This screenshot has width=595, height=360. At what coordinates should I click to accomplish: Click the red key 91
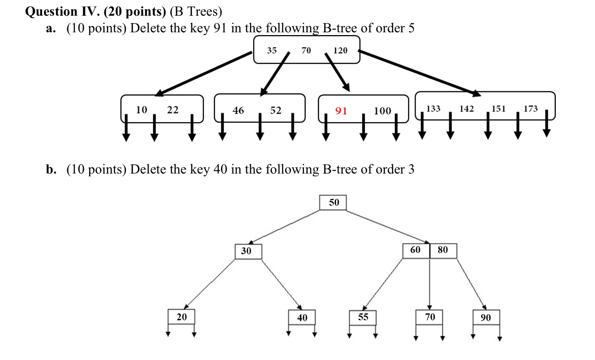(x=341, y=111)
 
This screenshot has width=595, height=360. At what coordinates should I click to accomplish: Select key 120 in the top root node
(x=340, y=50)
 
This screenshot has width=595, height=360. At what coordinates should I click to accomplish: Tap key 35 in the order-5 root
(x=272, y=50)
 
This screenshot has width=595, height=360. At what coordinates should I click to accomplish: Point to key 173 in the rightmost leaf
(x=531, y=109)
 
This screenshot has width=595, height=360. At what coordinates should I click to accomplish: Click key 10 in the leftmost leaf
(x=142, y=110)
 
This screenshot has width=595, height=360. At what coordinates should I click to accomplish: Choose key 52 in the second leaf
(x=276, y=110)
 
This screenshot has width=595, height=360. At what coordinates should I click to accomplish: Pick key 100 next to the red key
(x=382, y=111)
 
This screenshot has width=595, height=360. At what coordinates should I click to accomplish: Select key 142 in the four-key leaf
(x=467, y=109)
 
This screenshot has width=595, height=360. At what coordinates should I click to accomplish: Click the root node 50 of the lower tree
(x=333, y=203)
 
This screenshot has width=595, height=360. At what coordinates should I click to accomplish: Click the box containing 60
(x=416, y=250)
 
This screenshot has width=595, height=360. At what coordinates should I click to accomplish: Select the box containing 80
(x=443, y=250)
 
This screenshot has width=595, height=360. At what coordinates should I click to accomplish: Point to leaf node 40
(x=302, y=318)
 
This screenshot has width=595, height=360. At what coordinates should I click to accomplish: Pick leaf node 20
(x=181, y=317)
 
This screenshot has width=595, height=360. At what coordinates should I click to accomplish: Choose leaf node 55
(x=363, y=317)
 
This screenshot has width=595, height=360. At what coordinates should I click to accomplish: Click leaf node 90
(x=486, y=318)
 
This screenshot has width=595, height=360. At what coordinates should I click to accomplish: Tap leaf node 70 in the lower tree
(x=430, y=317)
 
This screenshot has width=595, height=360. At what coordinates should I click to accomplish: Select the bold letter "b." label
(x=51, y=170)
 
